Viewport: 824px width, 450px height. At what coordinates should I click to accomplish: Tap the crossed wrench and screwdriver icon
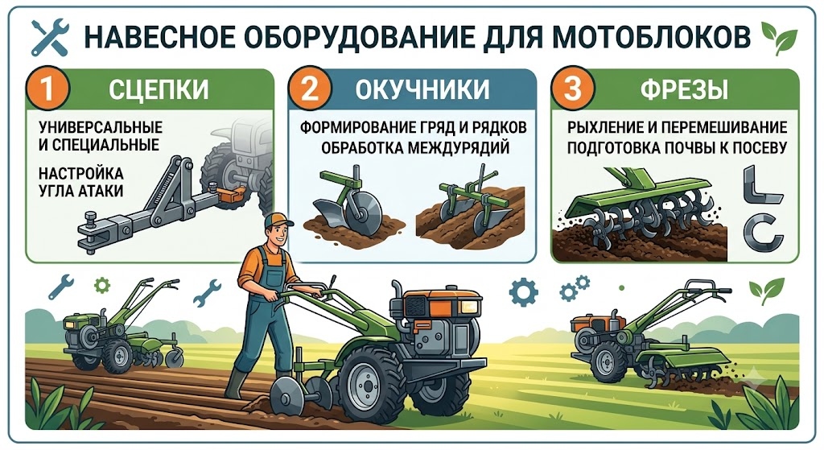pos(50,37)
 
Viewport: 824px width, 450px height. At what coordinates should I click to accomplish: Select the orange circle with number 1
pos(47,88)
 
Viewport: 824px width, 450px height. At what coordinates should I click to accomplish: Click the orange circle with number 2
pos(310,88)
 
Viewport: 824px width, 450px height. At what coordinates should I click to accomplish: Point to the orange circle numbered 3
pos(572,88)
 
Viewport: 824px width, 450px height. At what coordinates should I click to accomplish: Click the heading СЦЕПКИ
pos(159,89)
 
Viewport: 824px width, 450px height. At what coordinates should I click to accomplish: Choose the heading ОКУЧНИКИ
pos(422,89)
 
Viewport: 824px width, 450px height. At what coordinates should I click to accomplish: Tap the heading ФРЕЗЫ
pos(684,89)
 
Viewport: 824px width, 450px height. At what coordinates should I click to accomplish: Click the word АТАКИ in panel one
pos(101,190)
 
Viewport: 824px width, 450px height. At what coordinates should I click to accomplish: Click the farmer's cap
pos(277,220)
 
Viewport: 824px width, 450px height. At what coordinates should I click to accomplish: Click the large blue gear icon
pos(523,292)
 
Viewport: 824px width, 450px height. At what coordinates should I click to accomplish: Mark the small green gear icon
pos(102,286)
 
